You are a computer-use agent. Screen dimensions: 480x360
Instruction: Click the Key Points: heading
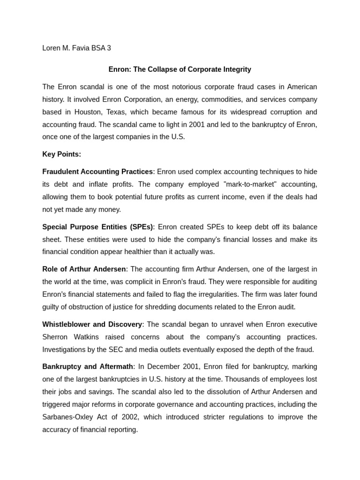[x=61, y=154]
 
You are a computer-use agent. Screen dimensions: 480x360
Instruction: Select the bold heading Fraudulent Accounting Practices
[x=97, y=172]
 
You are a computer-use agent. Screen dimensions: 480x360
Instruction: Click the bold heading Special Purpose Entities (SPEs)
[x=97, y=227]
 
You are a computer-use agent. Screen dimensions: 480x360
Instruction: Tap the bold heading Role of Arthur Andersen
[x=84, y=269]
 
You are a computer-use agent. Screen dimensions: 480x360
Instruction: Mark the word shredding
[x=188, y=307]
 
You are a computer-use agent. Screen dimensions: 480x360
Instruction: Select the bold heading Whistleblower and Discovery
[x=92, y=324]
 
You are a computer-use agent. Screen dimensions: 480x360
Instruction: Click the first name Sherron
[x=55, y=337]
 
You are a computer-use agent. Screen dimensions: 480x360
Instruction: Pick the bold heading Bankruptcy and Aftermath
[x=88, y=367]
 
